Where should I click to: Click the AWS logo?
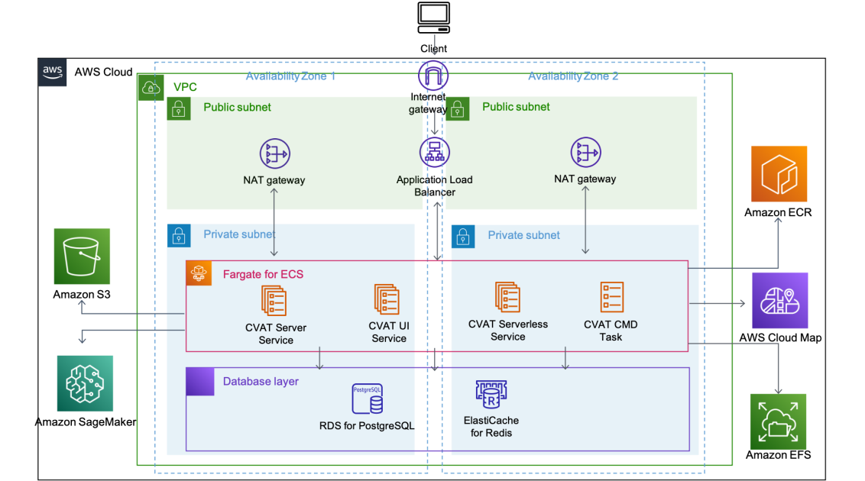[53, 73]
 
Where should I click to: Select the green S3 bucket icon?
[82, 256]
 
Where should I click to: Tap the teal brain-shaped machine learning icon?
[85, 383]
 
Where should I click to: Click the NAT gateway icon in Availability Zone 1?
[274, 153]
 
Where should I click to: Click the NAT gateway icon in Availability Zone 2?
[585, 153]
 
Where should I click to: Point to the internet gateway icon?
[433, 75]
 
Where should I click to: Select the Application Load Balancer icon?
[433, 153]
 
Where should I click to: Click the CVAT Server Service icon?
[274, 300]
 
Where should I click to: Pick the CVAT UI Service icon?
[387, 299]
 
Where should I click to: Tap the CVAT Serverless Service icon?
[507, 298]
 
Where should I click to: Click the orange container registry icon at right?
[779, 173]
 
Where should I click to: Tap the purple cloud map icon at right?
[779, 300]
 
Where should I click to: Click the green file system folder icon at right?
[778, 421]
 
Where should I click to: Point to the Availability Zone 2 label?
[573, 76]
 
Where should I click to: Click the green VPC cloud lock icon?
[151, 87]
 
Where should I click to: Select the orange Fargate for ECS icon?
[199, 273]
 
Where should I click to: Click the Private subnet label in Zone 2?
[523, 235]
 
